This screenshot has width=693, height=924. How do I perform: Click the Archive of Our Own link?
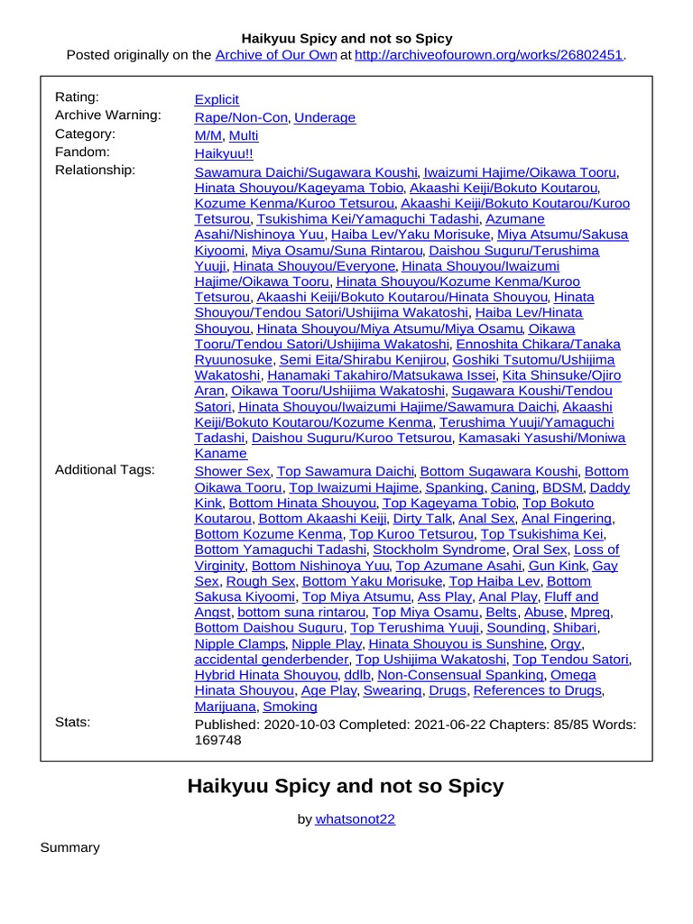275,55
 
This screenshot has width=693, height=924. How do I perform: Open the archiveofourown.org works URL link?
489,55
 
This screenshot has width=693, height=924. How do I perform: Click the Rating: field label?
78,97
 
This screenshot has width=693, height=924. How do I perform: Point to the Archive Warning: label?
108,115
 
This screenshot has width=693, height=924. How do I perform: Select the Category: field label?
85,134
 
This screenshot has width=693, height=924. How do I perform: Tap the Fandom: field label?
82,152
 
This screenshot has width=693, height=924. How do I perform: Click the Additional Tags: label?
105,469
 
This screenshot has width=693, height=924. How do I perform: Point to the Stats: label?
73,722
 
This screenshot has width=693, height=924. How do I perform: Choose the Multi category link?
244,135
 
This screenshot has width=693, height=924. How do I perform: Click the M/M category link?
208,135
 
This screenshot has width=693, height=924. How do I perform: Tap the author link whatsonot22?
356,819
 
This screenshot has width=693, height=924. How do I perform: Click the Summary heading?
69,847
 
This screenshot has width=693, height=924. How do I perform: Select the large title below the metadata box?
346,786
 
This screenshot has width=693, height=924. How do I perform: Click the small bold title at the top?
346,39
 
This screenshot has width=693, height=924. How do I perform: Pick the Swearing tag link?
392,690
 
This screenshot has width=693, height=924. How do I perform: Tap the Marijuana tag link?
225,707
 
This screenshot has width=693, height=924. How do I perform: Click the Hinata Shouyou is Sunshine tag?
456,643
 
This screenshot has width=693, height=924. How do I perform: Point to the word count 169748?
218,740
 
